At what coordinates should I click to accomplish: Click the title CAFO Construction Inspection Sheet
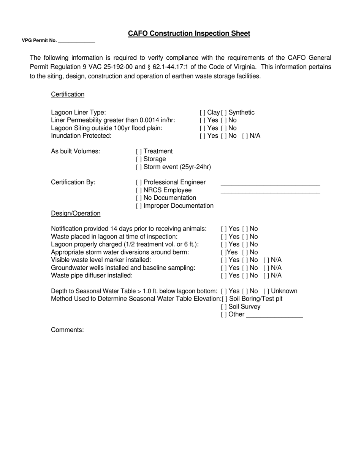click(x=189, y=33)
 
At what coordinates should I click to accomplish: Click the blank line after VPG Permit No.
click(x=76, y=41)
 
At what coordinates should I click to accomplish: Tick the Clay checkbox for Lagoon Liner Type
click(x=203, y=113)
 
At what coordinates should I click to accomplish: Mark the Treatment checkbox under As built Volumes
click(x=139, y=151)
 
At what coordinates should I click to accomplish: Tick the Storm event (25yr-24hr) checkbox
click(x=139, y=167)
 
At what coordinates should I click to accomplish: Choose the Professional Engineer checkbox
click(x=139, y=183)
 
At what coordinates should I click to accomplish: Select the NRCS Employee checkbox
click(x=139, y=190)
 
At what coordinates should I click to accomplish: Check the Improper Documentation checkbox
click(x=139, y=206)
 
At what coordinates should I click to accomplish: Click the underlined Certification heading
click(x=68, y=94)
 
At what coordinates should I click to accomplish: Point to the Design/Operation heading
click(x=76, y=213)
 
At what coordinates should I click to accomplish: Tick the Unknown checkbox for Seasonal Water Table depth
click(x=266, y=291)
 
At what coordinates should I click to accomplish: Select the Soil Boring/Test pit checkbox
click(x=224, y=299)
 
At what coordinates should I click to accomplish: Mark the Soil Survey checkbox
click(x=223, y=307)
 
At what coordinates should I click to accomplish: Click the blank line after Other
click(x=274, y=315)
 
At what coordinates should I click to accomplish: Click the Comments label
click(x=67, y=330)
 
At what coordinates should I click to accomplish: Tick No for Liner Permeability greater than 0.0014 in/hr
click(x=223, y=120)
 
